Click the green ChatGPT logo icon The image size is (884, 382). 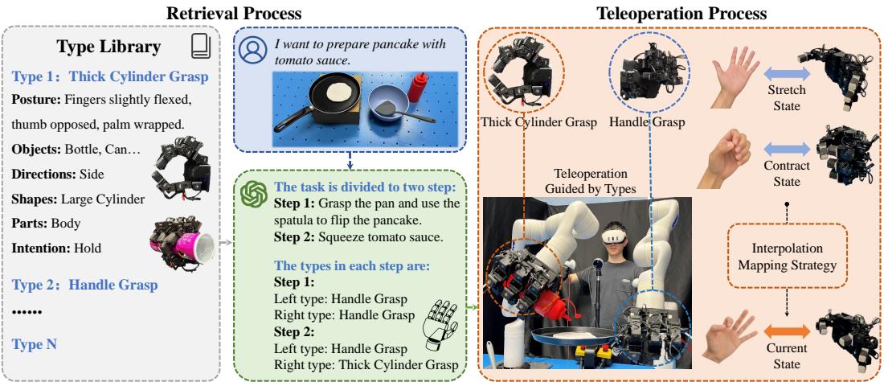click(x=255, y=194)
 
